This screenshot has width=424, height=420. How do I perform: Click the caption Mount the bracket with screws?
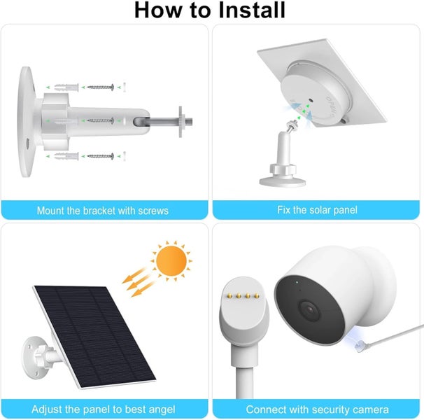[103, 210]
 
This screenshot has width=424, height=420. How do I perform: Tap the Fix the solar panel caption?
[318, 210]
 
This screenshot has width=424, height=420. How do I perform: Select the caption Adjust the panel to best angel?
[103, 409]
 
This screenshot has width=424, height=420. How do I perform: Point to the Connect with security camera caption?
[318, 409]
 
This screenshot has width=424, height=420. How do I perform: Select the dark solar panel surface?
[91, 336]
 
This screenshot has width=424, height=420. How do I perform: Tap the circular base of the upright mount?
[282, 181]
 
